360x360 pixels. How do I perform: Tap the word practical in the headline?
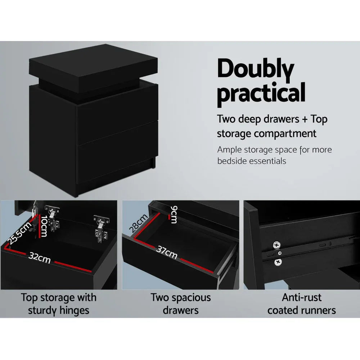[x=261, y=93]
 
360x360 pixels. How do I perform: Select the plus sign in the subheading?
[x=305, y=120]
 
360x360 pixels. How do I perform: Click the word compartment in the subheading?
[x=286, y=134]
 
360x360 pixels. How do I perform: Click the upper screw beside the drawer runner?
[x=277, y=245]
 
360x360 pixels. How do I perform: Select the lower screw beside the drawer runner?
[x=278, y=263]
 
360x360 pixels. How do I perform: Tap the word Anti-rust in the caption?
[x=302, y=298]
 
